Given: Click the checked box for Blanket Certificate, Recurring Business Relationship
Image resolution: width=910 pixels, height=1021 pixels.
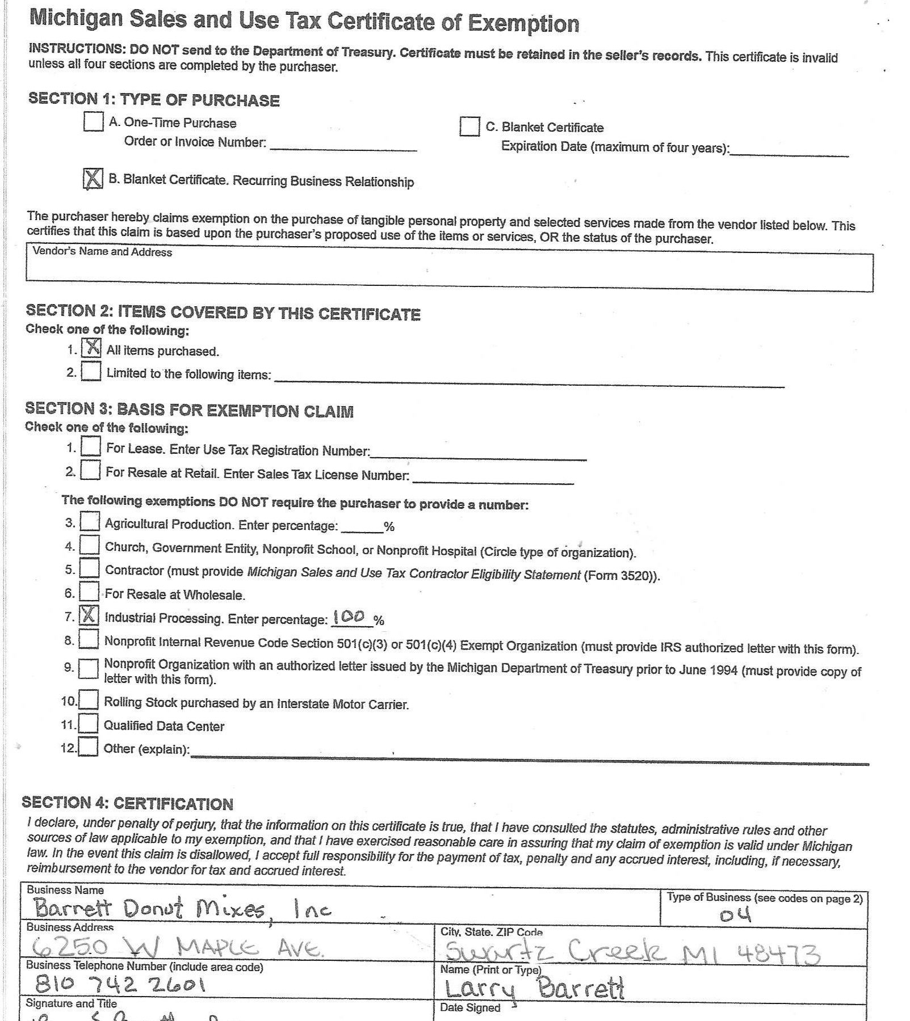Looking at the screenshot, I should coord(93,179).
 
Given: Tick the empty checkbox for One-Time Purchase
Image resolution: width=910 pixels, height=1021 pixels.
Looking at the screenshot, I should coord(93,121).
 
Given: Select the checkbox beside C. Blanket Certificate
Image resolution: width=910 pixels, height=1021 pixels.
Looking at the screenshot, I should coord(469,126).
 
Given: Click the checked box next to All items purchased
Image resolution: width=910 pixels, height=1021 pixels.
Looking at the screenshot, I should coord(91,348).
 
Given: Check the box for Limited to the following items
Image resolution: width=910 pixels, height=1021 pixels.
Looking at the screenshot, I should coord(91,372).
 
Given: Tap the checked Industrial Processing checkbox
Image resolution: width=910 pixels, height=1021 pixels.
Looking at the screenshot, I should coord(89,615).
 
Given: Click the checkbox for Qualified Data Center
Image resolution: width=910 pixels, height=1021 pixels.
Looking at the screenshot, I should coord(88,724).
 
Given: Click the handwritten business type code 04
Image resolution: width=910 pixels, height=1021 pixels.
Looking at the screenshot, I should coord(735,915).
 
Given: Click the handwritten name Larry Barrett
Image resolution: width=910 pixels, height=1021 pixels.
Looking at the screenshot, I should coord(534,989).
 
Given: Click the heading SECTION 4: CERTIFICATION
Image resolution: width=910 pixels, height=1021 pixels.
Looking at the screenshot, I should coord(127,803).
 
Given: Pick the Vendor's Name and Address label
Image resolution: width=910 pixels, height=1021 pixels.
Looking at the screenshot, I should coord(102,252).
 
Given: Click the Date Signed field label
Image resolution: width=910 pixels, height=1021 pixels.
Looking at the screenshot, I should coord(470,1007).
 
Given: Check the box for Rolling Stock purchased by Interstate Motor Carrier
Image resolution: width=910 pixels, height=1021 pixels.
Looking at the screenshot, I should coord(89,701).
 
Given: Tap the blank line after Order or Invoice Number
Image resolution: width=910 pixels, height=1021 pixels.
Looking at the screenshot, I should coord(343,145).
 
